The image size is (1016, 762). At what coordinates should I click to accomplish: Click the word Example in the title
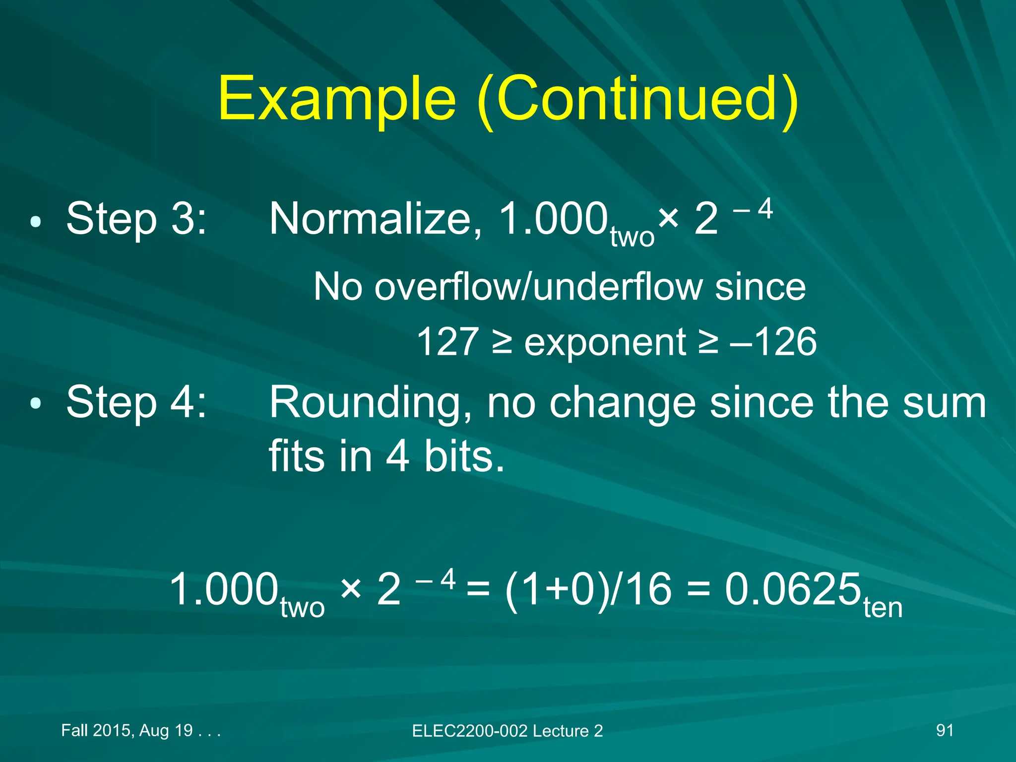[x=336, y=99]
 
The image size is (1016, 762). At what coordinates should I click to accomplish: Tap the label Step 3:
[x=136, y=218]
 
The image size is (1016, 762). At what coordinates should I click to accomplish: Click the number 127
[x=447, y=342]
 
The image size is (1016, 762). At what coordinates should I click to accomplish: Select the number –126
[x=773, y=342]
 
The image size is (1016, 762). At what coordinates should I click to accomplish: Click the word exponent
[x=605, y=343]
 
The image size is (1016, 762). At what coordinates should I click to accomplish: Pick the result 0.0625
[x=792, y=589]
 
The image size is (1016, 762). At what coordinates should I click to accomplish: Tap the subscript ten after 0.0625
[x=883, y=608]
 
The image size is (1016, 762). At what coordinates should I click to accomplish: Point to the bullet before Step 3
[x=35, y=221]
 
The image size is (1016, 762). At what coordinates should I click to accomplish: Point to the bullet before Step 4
[x=35, y=404]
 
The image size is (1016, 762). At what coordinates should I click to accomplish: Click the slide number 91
[x=945, y=730]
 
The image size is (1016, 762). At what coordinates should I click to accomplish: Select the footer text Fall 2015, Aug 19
[x=127, y=730]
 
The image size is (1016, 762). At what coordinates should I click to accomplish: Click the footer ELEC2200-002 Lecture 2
[x=507, y=731]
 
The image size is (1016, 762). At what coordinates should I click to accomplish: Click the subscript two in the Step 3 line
[x=632, y=237]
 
